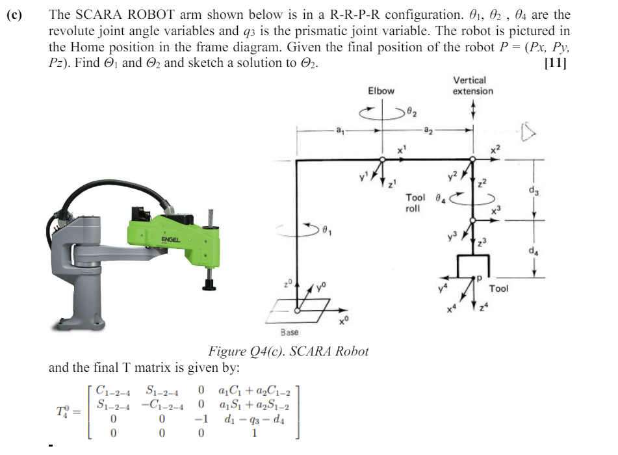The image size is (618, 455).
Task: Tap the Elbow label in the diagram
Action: coord(381,90)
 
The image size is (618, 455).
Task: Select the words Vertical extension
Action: coord(472,85)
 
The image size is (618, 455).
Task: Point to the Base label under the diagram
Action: coord(289,332)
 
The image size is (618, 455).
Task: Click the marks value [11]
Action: coord(556,63)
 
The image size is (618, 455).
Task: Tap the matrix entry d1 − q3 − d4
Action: coord(264,420)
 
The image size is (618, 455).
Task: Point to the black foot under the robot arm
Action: coord(210,283)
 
